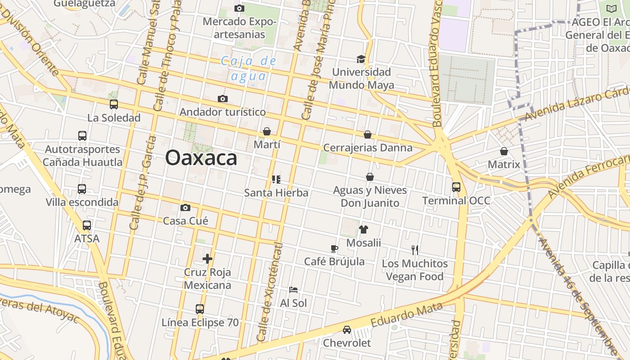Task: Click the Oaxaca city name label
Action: pos(201,158)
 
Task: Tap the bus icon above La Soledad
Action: pos(114,104)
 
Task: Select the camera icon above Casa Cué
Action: pos(185,207)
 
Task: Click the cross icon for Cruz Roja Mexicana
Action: pos(207,259)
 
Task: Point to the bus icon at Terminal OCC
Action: pos(456,187)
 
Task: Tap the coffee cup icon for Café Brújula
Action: pos(334,248)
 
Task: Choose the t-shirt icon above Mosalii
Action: pos(364,229)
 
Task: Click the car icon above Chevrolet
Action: pos(346,330)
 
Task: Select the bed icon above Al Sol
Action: pos(293,290)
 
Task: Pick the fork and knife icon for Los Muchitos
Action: pos(415,250)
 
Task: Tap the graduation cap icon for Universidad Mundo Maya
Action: pos(361,59)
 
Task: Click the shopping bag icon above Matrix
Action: pos(504,151)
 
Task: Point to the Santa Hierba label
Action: pos(276,193)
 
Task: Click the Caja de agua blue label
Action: pos(248,68)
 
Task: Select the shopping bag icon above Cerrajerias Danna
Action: pos(368,135)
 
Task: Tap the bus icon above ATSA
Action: pos(87,225)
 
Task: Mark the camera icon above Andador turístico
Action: pos(222,99)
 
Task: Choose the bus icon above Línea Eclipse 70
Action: pos(200,309)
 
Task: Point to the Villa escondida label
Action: pos(82,202)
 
